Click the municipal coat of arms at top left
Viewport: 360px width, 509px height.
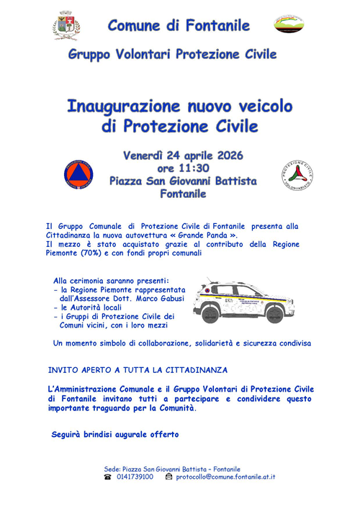click(x=66, y=26)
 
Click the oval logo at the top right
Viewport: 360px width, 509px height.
click(x=289, y=24)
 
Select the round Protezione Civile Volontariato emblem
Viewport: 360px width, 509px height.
click(x=297, y=175)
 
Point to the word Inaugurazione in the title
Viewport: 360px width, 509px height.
click(x=123, y=107)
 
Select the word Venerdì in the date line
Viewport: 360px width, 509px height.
click(x=143, y=155)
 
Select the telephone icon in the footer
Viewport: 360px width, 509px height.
click(x=107, y=477)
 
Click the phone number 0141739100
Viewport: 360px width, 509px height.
click(x=135, y=477)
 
